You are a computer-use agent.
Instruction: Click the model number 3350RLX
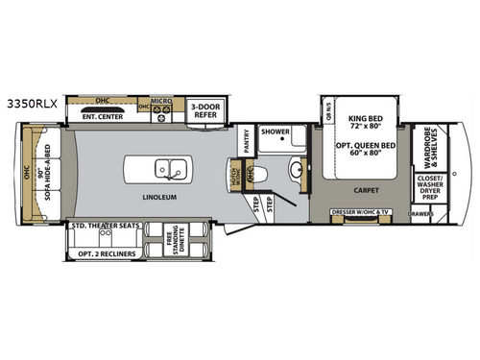pos(28,98)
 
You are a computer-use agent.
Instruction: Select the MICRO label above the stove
pos(160,100)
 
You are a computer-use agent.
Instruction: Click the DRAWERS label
pos(420,214)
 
